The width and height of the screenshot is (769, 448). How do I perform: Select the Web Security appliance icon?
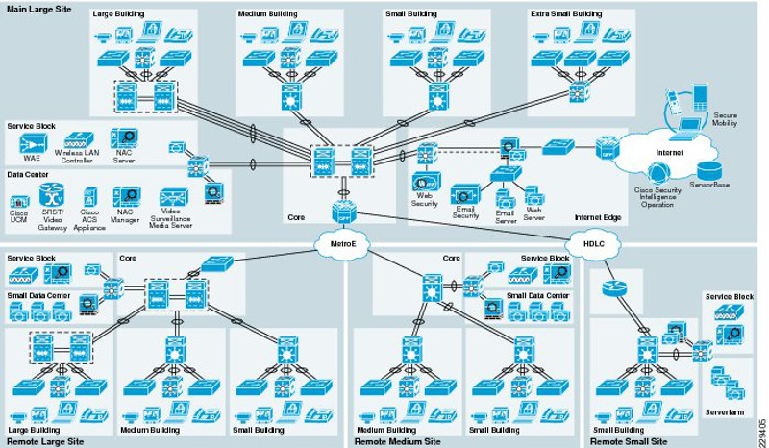(424, 181)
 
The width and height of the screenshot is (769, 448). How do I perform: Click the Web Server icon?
(534, 196)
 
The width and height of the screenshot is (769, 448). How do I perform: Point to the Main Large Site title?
(37, 9)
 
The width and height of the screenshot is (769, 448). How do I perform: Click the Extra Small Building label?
(566, 15)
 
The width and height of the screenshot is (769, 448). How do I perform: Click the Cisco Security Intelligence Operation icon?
(658, 175)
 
